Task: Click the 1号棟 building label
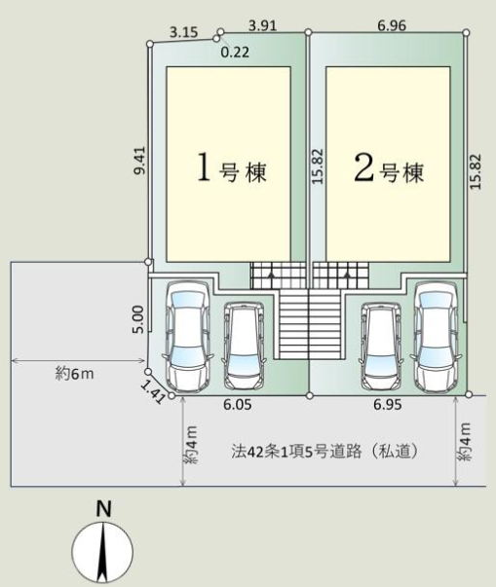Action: coord(232,171)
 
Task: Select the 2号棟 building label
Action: coord(388,171)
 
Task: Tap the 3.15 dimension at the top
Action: coord(183,32)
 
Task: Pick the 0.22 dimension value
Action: coord(233,53)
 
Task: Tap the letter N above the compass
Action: coord(102,507)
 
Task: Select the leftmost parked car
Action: coord(186,334)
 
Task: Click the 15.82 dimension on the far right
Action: coord(475,171)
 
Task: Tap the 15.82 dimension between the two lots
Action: coord(317,171)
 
